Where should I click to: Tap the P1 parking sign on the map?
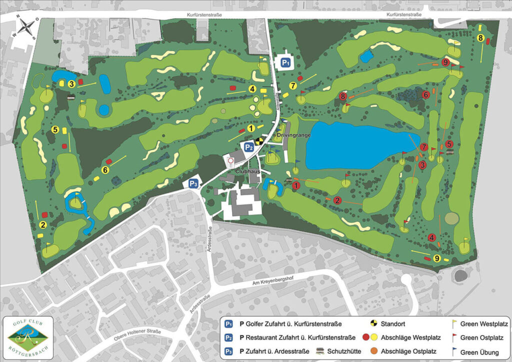[x=285, y=62]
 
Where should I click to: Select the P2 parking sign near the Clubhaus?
[x=249, y=146]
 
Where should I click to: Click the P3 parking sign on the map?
[x=193, y=184]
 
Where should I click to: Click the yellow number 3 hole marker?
[x=72, y=83]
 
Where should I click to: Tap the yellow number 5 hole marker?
[x=55, y=129]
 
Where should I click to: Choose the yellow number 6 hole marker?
[x=105, y=170]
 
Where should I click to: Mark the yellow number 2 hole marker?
[x=43, y=225]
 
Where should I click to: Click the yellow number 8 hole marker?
[x=480, y=38]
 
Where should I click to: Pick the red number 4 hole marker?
[x=431, y=237]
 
